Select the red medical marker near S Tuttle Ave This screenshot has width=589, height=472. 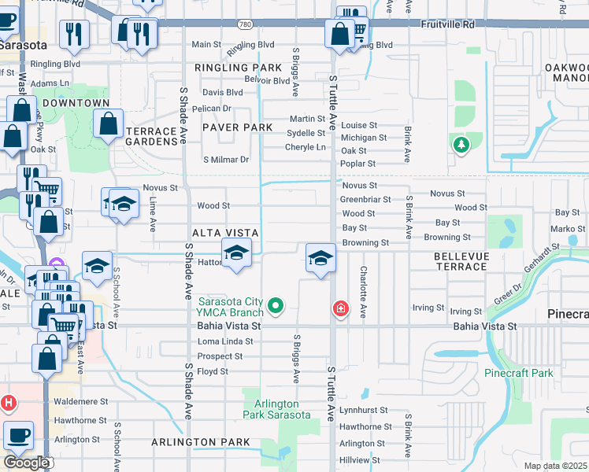tap(341, 308)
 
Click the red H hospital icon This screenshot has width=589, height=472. tap(9, 403)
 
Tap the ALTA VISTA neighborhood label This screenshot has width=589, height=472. tap(226, 232)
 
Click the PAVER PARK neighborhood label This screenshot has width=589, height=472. tap(237, 127)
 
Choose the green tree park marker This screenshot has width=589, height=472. tap(461, 145)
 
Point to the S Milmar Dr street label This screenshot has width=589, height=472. tap(226, 160)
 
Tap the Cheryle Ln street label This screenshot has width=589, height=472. tap(306, 147)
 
